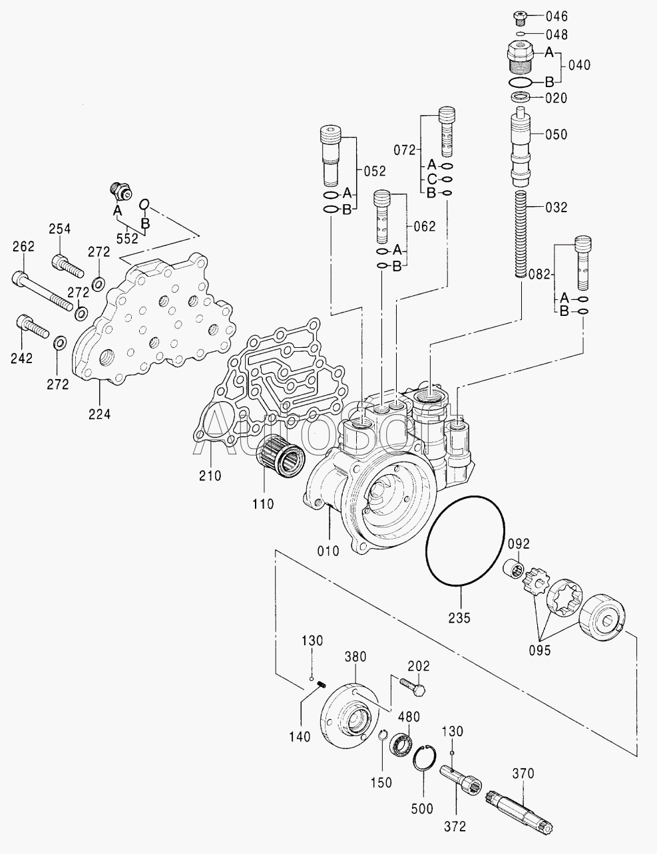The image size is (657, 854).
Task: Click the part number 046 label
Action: [556, 17]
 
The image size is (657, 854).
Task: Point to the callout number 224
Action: [99, 414]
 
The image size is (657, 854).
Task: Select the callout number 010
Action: [328, 551]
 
